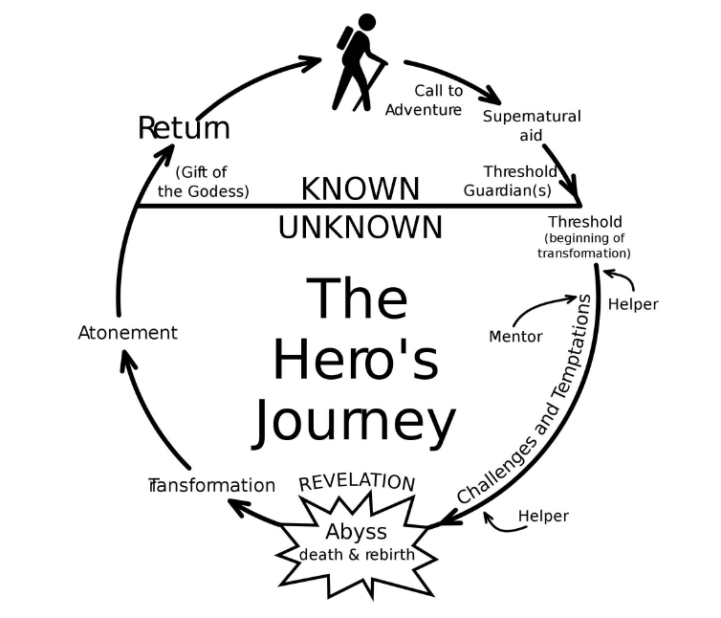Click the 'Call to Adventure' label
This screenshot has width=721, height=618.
click(x=424, y=100)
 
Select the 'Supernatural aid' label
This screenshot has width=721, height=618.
click(x=531, y=125)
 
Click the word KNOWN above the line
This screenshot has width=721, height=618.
click(x=360, y=189)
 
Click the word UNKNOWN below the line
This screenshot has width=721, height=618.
click(x=360, y=228)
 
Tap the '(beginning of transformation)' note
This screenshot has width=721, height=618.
click(x=583, y=246)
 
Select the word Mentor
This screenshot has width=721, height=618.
click(x=515, y=337)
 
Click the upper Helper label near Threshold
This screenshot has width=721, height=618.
click(x=633, y=304)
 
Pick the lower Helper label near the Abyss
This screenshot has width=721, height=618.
click(x=542, y=517)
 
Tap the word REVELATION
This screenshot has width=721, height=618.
click(x=357, y=482)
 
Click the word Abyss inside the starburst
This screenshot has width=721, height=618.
click(x=356, y=533)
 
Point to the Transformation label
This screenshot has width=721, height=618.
click(x=212, y=485)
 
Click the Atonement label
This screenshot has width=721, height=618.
click(x=127, y=333)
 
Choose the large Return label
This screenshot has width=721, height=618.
click(x=184, y=127)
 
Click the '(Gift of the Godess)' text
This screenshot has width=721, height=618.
click(x=204, y=181)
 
